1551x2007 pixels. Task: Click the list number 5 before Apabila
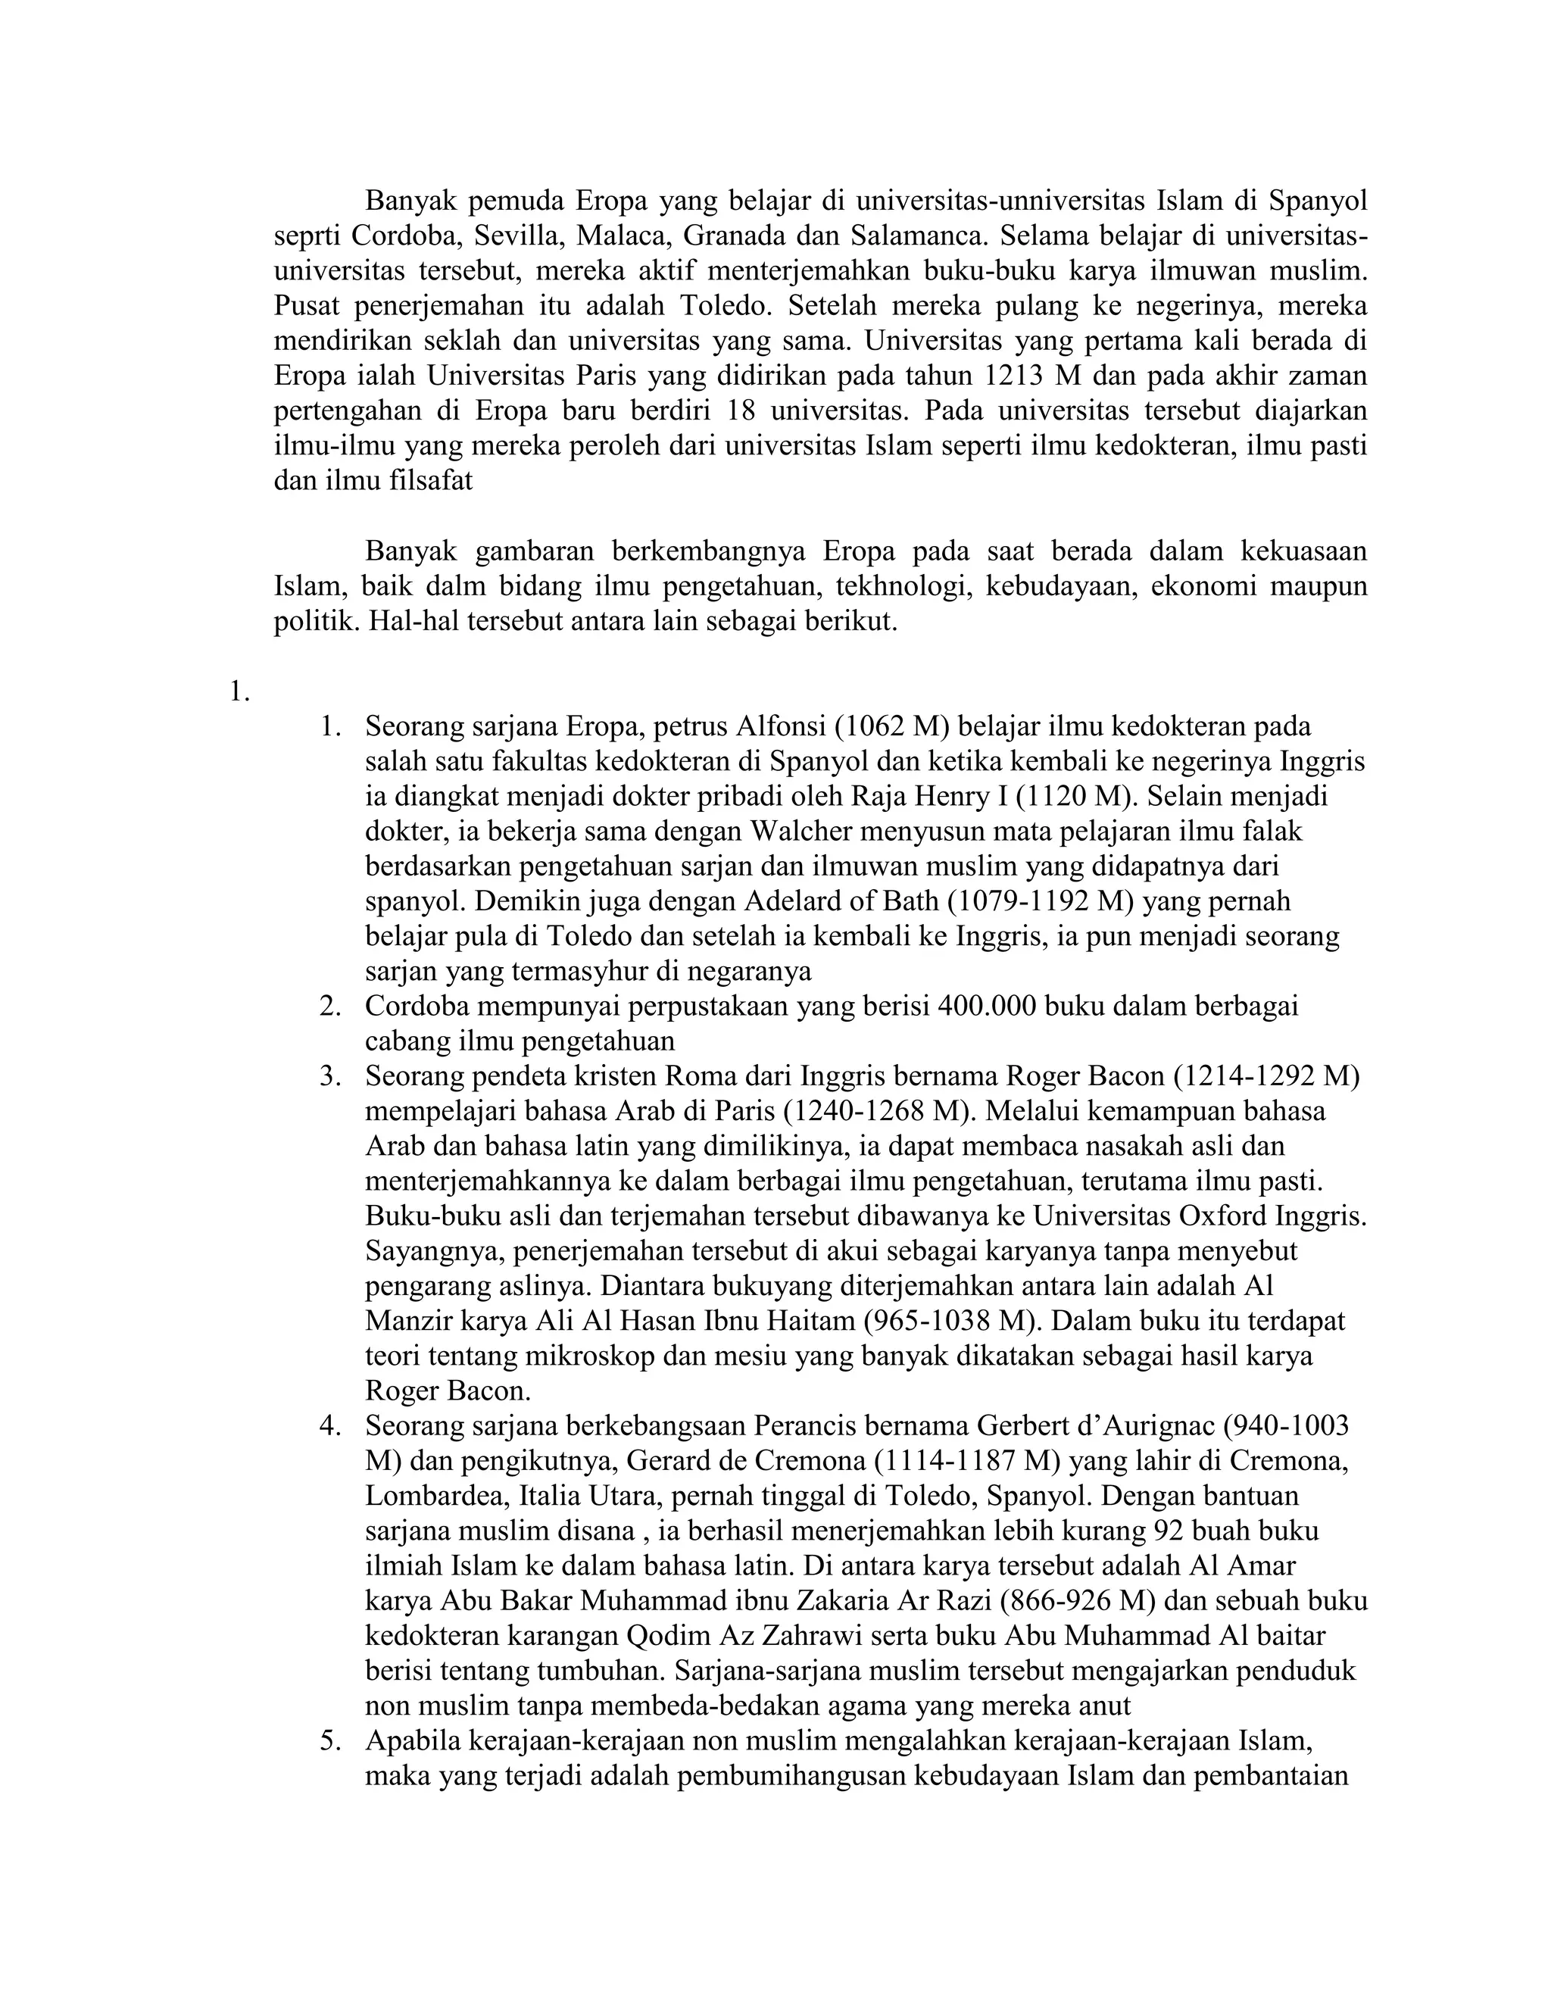click(330, 1740)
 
